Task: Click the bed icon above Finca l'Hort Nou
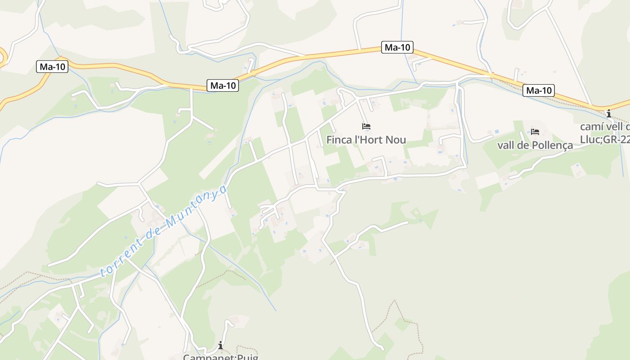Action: (x=366, y=126)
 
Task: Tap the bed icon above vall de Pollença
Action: (x=535, y=132)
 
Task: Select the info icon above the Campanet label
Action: (x=220, y=346)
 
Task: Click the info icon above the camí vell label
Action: (x=609, y=113)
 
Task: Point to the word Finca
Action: (x=339, y=140)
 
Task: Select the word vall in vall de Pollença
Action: (x=505, y=145)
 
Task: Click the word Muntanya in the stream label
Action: (x=196, y=208)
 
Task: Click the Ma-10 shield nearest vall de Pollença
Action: (x=539, y=90)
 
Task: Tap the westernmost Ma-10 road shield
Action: (x=52, y=67)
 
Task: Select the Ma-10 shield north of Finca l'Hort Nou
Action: (x=397, y=47)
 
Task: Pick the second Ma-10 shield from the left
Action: (x=223, y=85)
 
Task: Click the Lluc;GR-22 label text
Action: (x=604, y=139)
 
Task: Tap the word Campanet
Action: (x=203, y=357)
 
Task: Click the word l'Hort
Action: (x=369, y=140)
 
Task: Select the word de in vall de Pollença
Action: (x=524, y=145)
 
